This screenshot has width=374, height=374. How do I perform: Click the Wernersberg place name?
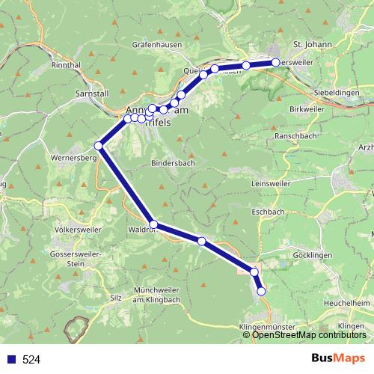(x=76, y=159)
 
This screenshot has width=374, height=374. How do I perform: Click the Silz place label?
(x=115, y=297)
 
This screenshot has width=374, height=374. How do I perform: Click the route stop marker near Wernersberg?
(x=98, y=145)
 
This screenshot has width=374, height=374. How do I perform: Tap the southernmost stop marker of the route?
(x=261, y=291)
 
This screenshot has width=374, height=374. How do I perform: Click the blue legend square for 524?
(x=10, y=359)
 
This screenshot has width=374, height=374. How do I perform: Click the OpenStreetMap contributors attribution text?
(x=310, y=334)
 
